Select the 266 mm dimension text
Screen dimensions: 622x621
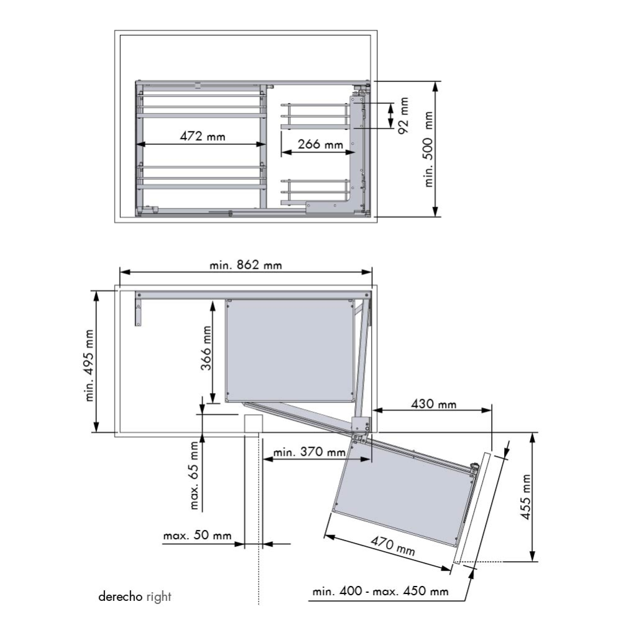[320, 144]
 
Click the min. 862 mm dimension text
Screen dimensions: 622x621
[246, 265]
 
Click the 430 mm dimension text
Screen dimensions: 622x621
[433, 404]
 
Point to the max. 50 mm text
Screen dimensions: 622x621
[197, 536]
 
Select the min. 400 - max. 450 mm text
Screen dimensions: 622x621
[380, 591]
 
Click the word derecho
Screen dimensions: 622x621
[121, 597]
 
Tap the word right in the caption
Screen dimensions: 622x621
[159, 597]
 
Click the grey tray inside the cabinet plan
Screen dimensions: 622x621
[289, 350]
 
